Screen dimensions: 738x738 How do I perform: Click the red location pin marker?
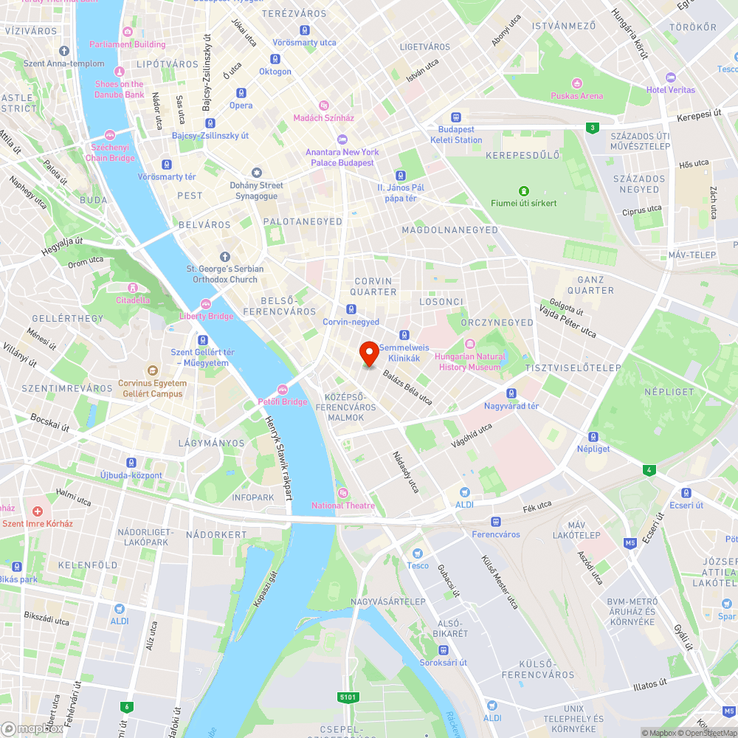click(369, 354)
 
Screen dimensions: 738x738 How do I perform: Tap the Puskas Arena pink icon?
click(576, 83)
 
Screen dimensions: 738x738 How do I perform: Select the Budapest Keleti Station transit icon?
click(456, 117)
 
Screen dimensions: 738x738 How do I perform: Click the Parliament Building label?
click(128, 44)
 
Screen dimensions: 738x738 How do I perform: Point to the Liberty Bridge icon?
click(206, 304)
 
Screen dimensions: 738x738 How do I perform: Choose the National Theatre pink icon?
click(342, 493)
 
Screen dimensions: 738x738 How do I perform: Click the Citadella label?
click(133, 300)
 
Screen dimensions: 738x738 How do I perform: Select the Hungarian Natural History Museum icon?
click(469, 344)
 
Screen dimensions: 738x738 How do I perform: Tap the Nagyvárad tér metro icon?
click(511, 393)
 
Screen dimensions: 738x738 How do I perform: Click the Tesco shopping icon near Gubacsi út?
click(418, 553)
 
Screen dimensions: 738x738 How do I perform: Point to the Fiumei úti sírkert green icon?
click(524, 190)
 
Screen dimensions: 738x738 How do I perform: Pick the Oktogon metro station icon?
click(275, 60)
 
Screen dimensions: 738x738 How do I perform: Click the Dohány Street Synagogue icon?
click(257, 173)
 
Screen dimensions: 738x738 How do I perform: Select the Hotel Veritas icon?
click(671, 77)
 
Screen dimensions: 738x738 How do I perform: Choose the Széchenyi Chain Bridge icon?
click(110, 135)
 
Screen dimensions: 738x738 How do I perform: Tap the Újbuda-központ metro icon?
click(131, 463)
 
